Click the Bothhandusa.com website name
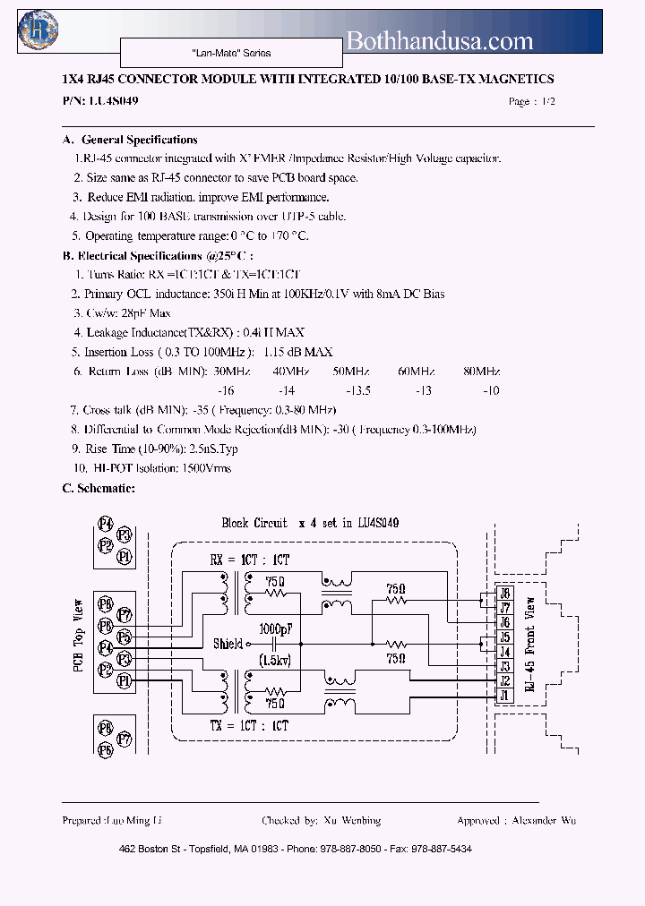(439, 41)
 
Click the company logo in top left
(39, 30)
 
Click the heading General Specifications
(139, 140)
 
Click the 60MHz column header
(416, 371)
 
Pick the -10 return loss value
(491, 390)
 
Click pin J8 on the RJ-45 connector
(504, 594)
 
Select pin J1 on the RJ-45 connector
(504, 695)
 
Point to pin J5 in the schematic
(504, 637)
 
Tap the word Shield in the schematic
(228, 644)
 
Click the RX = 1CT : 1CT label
(250, 559)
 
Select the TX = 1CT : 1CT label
(250, 725)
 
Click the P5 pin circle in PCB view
(125, 637)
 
